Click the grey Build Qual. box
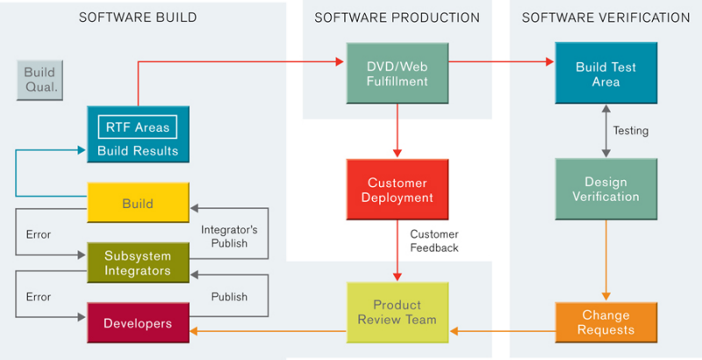pos(39,80)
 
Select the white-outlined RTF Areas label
pos(137,127)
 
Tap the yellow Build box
pos(137,203)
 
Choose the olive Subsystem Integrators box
pos(137,263)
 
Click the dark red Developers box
pos(137,323)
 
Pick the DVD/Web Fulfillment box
pos(398,75)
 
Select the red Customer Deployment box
pos(398,191)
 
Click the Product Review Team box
pos(398,313)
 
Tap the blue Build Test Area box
pos(605,75)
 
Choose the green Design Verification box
pos(605,189)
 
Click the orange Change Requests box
pos(605,322)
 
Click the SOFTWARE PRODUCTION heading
pos(398,18)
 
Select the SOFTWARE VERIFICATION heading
pos(605,18)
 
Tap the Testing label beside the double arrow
pos(630,131)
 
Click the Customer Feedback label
pos(434,241)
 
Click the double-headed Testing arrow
pos(605,131)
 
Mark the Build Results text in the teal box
pos(137,151)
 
